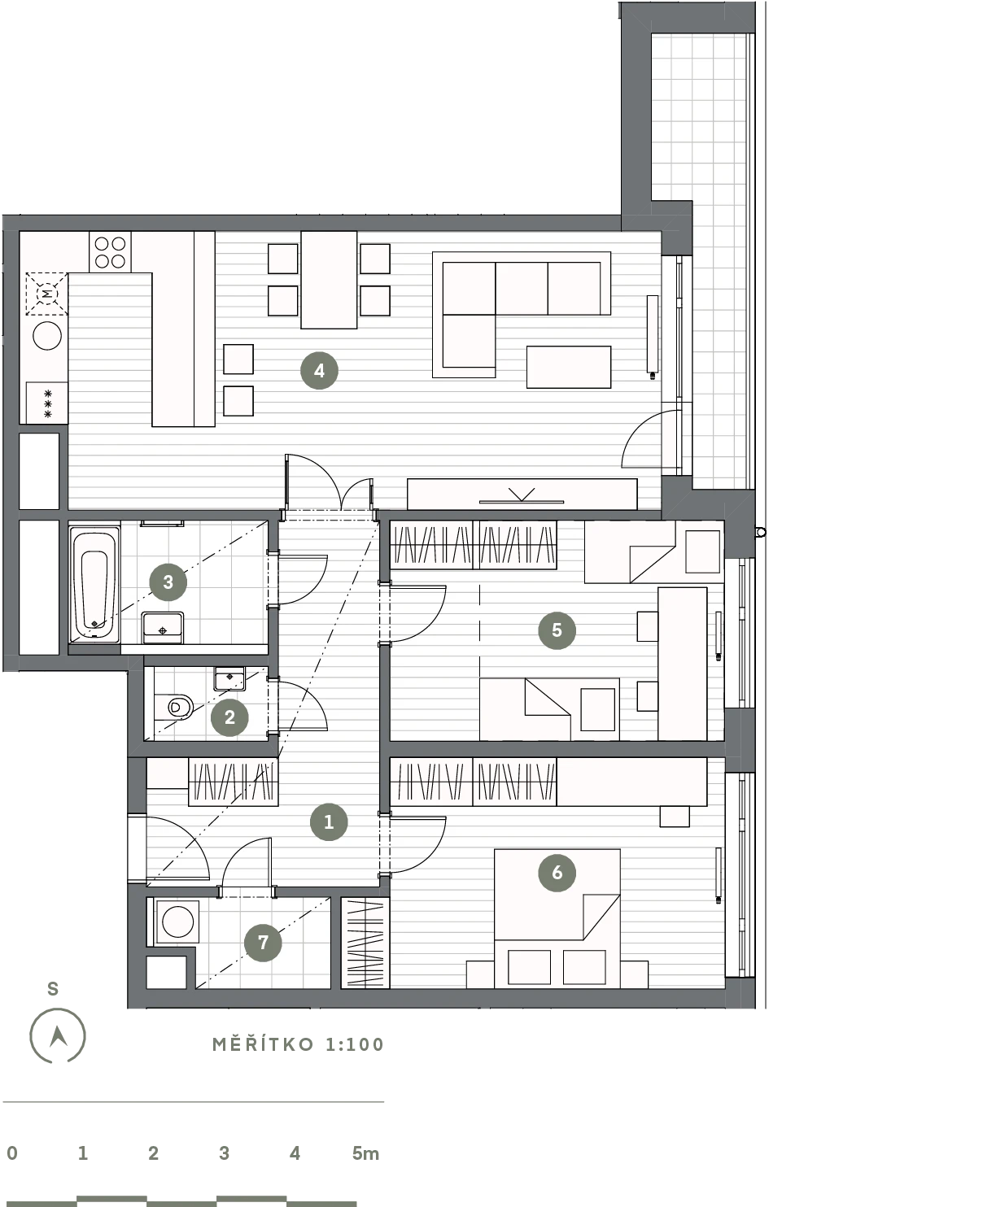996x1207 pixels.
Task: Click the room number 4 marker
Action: [x=319, y=371]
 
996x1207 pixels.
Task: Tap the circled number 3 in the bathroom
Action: [x=168, y=582]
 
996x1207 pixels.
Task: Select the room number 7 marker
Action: [x=263, y=943]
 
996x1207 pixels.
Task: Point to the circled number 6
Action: [x=557, y=873]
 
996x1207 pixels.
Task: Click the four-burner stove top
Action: [x=110, y=252]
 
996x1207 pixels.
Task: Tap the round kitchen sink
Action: [x=47, y=336]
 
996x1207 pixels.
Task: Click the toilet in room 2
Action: [x=174, y=707]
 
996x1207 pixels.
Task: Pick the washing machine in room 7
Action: [x=177, y=922]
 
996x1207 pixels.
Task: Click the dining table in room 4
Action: [x=329, y=280]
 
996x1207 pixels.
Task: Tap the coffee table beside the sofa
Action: [x=569, y=367]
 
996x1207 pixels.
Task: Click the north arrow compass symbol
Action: [x=57, y=1036]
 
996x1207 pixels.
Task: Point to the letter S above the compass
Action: [x=53, y=989]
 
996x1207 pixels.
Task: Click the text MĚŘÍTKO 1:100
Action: [x=298, y=1044]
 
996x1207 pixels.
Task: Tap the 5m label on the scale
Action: [x=365, y=1154]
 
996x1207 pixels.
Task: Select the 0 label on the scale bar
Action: [x=12, y=1154]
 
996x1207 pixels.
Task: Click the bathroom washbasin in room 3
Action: [x=163, y=628]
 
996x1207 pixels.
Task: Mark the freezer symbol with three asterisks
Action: [x=47, y=403]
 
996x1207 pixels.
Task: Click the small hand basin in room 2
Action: [x=229, y=678]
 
